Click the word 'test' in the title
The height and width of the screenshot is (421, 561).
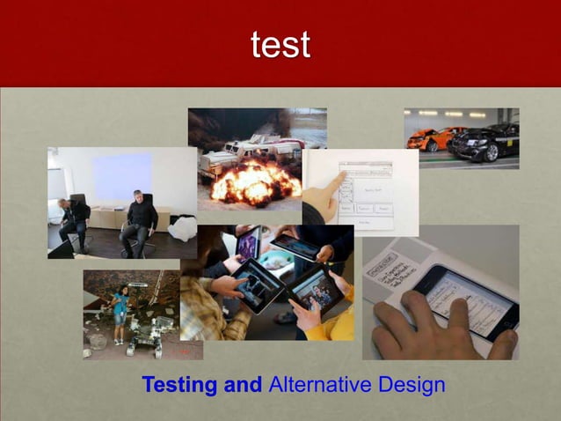[280, 45]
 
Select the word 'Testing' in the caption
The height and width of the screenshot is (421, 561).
[179, 385]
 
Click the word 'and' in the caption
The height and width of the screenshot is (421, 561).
[244, 385]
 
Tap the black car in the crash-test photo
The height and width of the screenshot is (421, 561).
[486, 141]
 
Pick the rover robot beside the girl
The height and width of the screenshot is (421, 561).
[149, 335]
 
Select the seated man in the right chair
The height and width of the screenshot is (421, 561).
[138, 221]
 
